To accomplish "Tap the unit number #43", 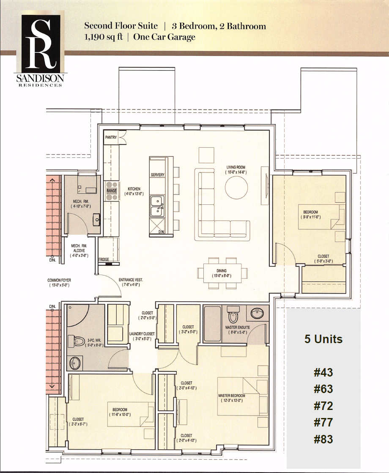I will click(x=323, y=373).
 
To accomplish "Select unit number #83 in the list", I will click(x=323, y=439).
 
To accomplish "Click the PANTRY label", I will click(x=111, y=137).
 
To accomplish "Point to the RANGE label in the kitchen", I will click(x=111, y=191).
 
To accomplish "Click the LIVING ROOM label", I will click(x=236, y=168).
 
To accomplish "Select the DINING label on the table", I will click(x=221, y=271).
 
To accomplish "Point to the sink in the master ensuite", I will click(x=257, y=313).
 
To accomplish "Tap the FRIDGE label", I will click(x=104, y=259).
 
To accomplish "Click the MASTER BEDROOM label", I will click(x=232, y=396).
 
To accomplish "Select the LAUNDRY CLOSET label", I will click(x=142, y=334).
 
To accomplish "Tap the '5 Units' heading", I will click(x=323, y=339).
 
